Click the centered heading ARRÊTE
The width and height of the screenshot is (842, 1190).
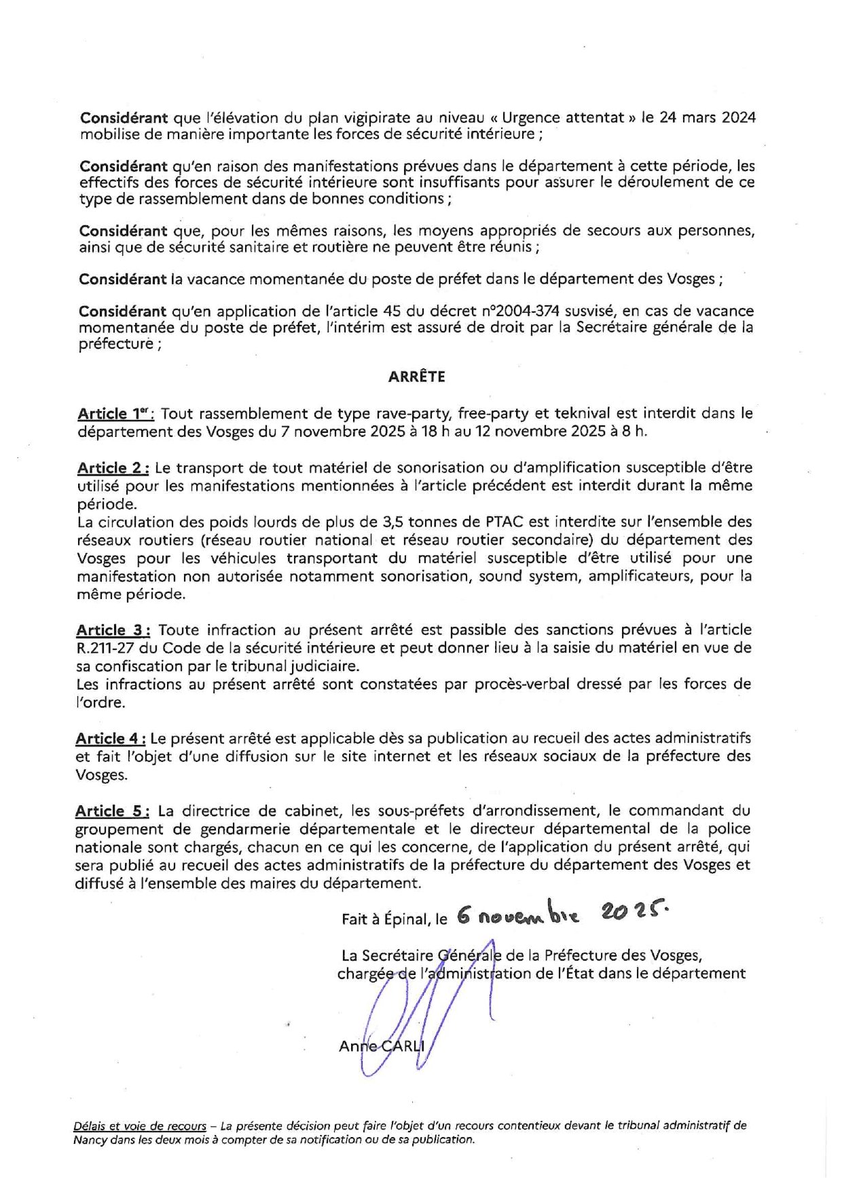(416, 377)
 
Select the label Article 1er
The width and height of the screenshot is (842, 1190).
(115, 414)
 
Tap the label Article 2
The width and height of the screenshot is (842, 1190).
(113, 468)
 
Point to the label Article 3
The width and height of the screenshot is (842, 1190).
(113, 630)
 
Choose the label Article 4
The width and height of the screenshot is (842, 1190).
(110, 739)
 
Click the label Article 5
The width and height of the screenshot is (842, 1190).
(112, 811)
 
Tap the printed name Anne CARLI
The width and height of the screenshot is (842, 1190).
(381, 1045)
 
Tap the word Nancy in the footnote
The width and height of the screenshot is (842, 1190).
(90, 1140)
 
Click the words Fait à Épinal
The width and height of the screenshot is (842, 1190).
(385, 920)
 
